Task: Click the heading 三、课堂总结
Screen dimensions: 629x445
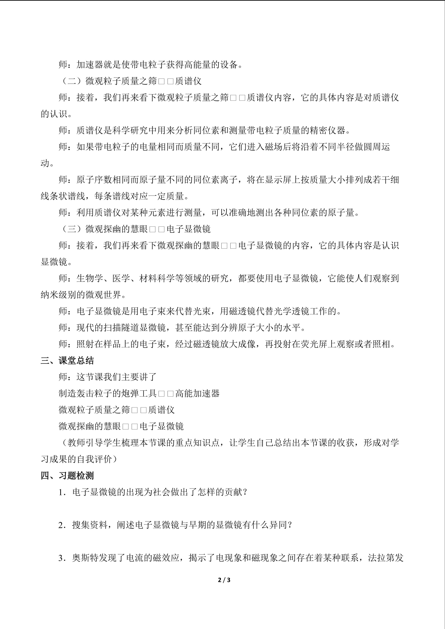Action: click(x=67, y=361)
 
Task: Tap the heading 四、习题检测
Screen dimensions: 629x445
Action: click(x=67, y=476)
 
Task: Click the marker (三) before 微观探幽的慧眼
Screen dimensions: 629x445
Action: click(x=72, y=229)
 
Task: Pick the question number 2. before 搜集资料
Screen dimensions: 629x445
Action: click(x=62, y=525)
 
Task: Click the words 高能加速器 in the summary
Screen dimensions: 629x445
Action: click(x=197, y=394)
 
